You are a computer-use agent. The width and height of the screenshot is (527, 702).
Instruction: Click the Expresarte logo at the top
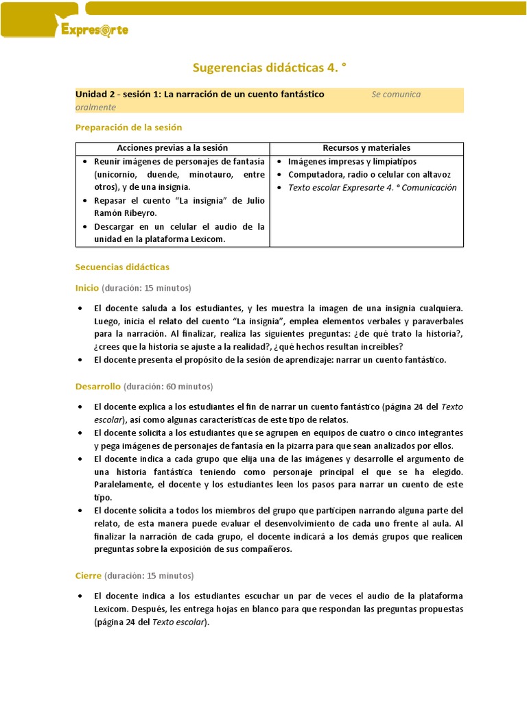click(94, 30)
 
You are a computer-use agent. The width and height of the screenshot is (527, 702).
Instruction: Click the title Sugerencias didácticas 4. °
click(263, 66)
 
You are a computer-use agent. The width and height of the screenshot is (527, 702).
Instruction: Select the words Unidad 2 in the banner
click(95, 94)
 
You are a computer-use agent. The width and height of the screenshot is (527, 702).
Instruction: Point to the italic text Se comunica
click(396, 94)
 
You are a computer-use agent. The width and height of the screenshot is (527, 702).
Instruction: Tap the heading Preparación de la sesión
click(128, 128)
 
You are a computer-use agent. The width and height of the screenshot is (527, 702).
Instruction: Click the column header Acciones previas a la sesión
click(172, 148)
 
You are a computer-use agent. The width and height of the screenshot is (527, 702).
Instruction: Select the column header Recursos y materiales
click(366, 148)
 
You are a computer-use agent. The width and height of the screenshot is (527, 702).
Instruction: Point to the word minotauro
click(210, 175)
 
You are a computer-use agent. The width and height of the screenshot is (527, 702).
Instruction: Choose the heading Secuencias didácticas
click(122, 267)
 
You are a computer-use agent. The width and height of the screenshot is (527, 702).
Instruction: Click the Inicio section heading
click(87, 287)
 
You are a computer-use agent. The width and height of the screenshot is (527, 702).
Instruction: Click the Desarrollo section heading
click(97, 387)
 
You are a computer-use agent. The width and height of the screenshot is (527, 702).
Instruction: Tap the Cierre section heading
click(88, 575)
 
